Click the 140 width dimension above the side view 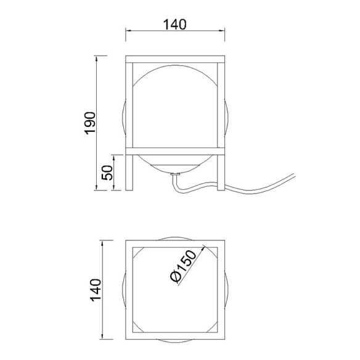[x=174, y=25]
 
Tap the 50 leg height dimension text [x=107, y=172]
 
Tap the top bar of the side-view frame [x=174, y=60]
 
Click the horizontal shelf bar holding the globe [x=174, y=150]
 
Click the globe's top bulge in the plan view [x=174, y=239]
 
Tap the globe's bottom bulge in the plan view [x=174, y=338]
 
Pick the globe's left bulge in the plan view [x=124, y=288]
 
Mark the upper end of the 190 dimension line [x=98, y=57]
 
